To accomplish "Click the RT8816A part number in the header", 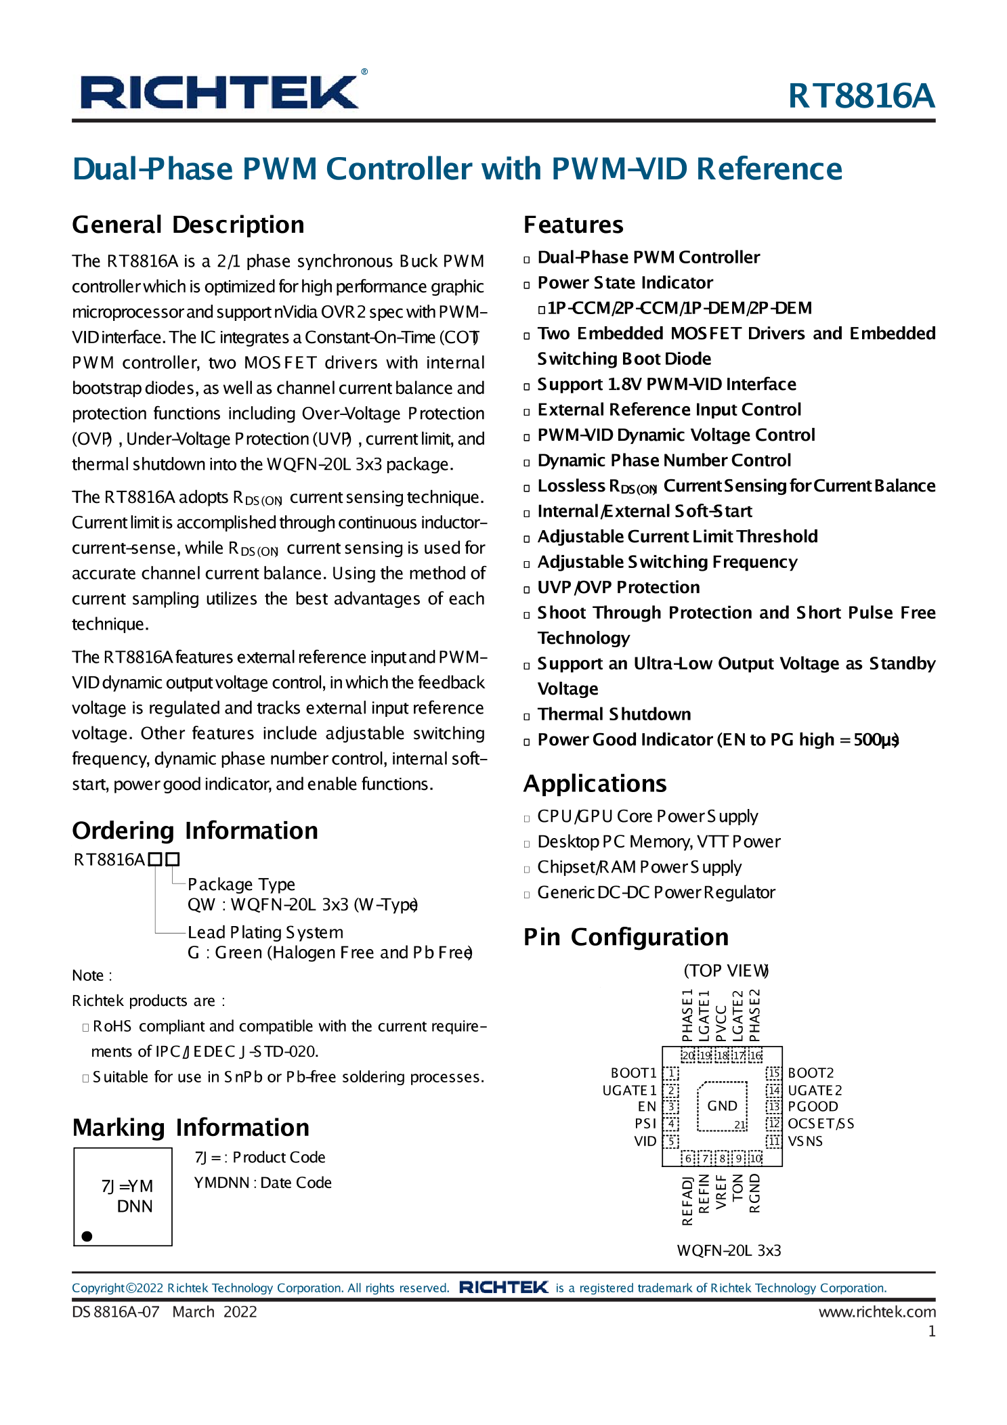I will pos(861,95).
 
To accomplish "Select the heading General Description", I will pos(188,225).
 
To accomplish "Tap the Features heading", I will pos(573,225).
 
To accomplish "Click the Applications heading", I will pos(595,783).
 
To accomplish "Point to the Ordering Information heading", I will pos(194,831).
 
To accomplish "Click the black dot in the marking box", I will pos(87,1236).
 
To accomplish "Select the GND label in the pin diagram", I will pos(722,1105).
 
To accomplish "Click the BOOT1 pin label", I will pos(633,1073).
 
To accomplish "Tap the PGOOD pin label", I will pos(813,1106).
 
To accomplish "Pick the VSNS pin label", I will pos(805,1141).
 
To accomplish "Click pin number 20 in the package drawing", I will pos(687,1055).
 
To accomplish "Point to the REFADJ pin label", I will pos(687,1201).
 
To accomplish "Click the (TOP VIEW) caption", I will pos(726,971).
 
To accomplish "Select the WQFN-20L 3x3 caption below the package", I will pos(729,1250).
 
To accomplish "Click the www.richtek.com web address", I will pos(877,1312).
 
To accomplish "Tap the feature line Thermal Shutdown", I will pos(614,714).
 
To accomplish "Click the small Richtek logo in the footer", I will pos(503,1287).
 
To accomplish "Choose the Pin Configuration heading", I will pos(626,937).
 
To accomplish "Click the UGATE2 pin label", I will pos(815,1090).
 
